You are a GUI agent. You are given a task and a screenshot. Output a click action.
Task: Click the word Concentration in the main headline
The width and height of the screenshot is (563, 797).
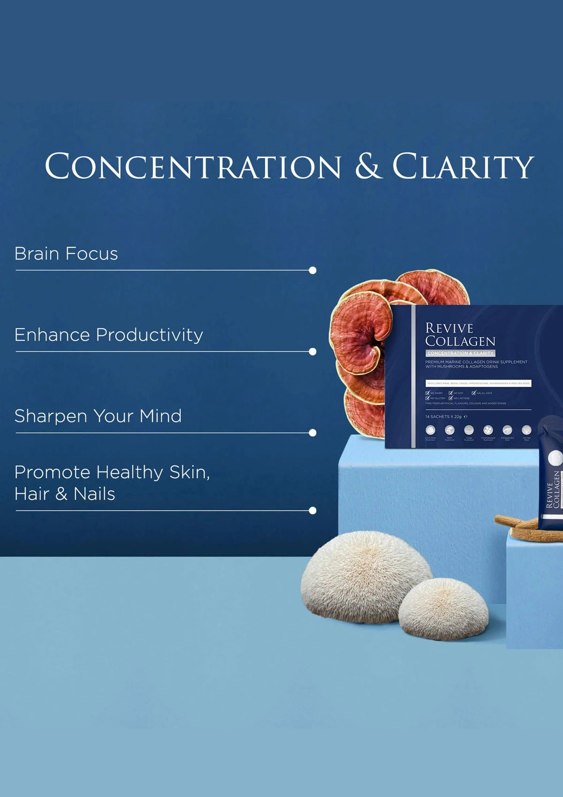(193, 166)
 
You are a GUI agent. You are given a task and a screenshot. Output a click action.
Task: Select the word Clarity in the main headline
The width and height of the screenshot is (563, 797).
(463, 166)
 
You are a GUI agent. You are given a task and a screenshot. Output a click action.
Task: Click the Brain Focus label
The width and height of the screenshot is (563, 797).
(66, 254)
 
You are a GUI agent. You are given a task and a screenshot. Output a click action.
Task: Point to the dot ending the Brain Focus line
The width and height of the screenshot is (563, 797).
(312, 271)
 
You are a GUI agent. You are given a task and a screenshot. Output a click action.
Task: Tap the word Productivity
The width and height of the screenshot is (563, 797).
(149, 335)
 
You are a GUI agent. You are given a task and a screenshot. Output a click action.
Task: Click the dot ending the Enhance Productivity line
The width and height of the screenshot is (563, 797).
(312, 352)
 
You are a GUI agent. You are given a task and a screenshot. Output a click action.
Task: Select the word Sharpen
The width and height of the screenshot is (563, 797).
(51, 416)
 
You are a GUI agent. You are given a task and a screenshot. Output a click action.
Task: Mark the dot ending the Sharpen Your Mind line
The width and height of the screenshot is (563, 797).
(312, 433)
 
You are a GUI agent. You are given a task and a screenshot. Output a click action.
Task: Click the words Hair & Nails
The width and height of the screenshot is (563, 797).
(65, 494)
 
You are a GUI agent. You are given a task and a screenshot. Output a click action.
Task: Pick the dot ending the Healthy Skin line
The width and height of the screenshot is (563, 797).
(312, 511)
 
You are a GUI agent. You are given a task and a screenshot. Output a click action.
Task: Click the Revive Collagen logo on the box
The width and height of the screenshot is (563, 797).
(460, 334)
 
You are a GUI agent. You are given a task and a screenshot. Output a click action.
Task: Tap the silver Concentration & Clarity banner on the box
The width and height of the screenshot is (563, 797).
(460, 353)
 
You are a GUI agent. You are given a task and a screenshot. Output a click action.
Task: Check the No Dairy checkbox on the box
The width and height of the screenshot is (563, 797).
(427, 393)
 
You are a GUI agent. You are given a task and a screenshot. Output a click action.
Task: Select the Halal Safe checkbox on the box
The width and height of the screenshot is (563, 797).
(474, 393)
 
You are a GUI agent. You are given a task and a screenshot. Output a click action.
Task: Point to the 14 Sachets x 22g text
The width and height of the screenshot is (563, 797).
(443, 416)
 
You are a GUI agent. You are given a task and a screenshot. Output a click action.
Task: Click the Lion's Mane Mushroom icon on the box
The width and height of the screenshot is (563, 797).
(430, 430)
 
